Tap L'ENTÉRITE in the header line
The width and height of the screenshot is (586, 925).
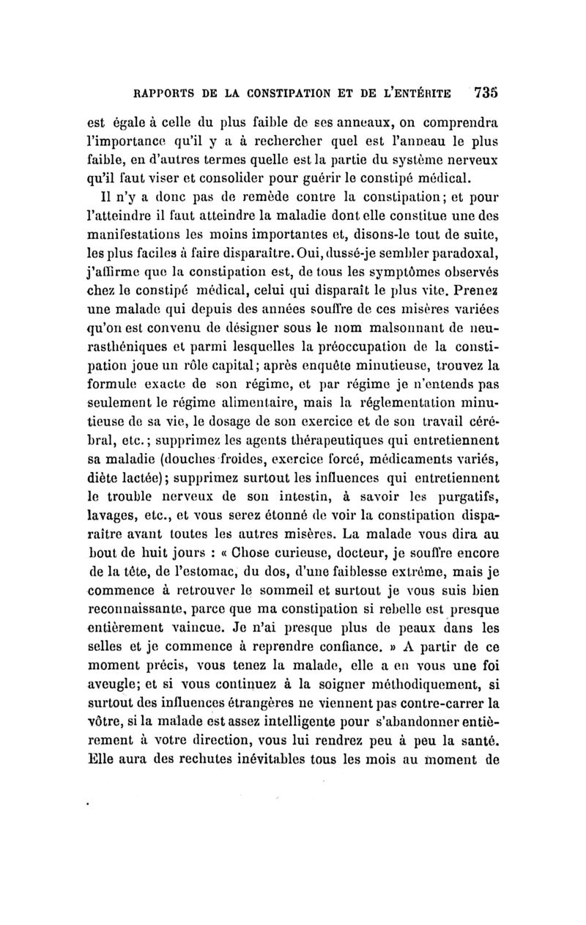click(419, 93)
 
